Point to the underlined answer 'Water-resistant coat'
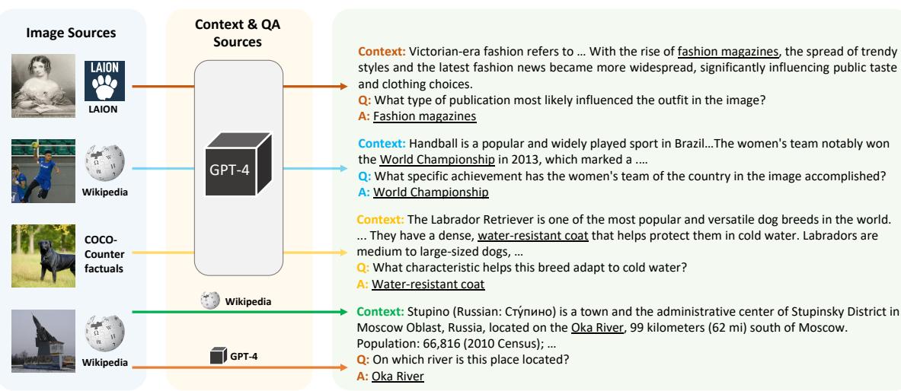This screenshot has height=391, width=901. click(x=428, y=285)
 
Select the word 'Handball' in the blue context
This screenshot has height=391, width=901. click(x=431, y=143)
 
